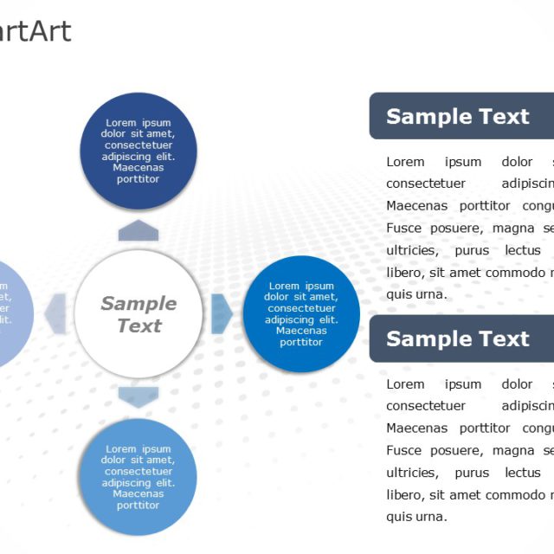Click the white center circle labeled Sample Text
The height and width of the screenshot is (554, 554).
[x=138, y=314]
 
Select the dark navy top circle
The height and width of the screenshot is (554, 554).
[x=138, y=151]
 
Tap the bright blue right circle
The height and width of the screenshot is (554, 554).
[x=301, y=314]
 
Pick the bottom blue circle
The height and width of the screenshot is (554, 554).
[x=138, y=477]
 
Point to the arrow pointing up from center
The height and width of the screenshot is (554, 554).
[x=138, y=230]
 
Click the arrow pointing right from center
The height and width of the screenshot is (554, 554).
[x=221, y=313]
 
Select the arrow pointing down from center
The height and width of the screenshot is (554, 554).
[x=138, y=397]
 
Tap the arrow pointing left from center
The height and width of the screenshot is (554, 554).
[x=56, y=313]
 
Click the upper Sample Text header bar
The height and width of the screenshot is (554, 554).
[x=461, y=116]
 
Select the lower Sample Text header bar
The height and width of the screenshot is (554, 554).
[x=461, y=338]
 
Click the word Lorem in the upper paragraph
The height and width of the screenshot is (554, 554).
[x=405, y=162]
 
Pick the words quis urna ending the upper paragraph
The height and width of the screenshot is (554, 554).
[x=416, y=294]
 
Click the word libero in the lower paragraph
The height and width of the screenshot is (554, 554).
[x=404, y=494]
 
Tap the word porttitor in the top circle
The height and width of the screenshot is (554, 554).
[x=138, y=179]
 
